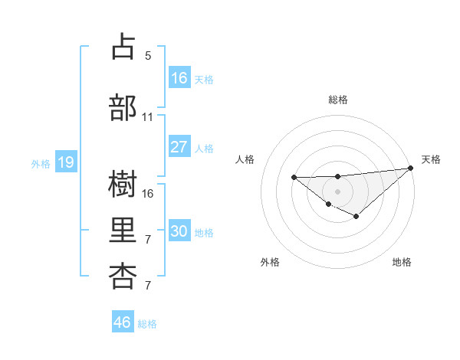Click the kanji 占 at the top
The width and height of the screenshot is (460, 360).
click(x=123, y=47)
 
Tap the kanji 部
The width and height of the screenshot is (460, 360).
click(x=123, y=108)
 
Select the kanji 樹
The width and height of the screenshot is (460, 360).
click(x=123, y=185)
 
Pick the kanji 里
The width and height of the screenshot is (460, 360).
click(x=123, y=230)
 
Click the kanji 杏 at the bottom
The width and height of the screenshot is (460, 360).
click(x=123, y=276)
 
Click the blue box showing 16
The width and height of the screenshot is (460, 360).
click(x=179, y=78)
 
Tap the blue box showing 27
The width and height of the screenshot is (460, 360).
click(x=179, y=147)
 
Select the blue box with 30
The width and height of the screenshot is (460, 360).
click(x=179, y=232)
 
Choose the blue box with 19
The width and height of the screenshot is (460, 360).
click(x=65, y=162)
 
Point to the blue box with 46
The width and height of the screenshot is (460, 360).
click(x=123, y=322)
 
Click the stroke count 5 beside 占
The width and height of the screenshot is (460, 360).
click(x=148, y=56)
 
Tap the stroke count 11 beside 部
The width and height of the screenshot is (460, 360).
click(x=148, y=117)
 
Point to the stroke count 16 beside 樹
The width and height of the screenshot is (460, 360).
click(x=148, y=194)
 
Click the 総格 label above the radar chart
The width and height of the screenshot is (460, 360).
click(x=337, y=100)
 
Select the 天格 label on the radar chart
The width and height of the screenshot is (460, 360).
click(x=431, y=159)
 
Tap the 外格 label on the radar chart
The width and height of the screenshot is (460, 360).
click(x=270, y=262)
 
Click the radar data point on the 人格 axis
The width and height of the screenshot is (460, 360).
click(x=294, y=178)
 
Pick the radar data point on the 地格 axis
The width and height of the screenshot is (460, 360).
click(x=356, y=217)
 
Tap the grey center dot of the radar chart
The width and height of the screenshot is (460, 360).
click(x=337, y=191)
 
